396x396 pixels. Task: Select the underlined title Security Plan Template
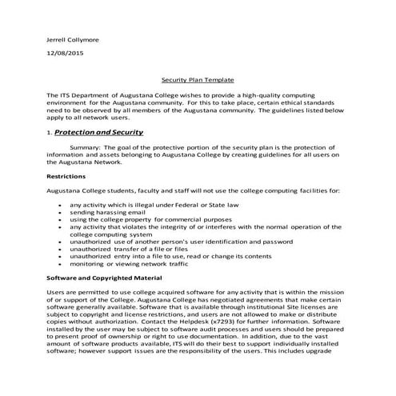click(x=197, y=80)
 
